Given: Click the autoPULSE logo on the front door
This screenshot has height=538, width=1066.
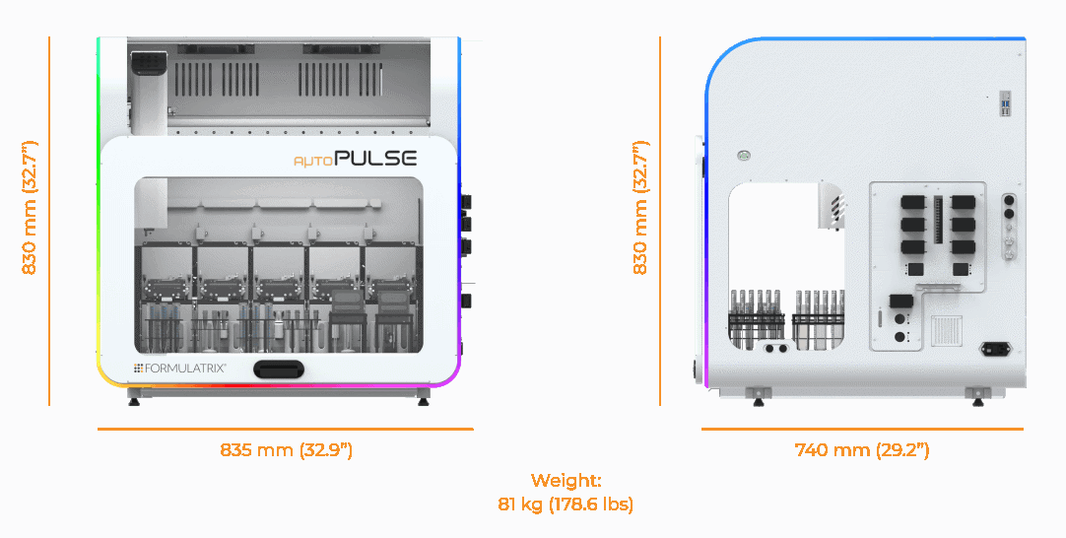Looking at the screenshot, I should (x=355, y=158).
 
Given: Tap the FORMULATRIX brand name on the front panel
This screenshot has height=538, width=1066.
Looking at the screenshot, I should (x=180, y=368).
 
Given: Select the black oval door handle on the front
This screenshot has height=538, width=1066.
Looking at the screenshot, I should (x=278, y=370).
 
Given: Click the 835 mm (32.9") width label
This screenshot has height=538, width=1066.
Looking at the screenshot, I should (x=286, y=450).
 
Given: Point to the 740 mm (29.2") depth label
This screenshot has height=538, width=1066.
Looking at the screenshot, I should (x=862, y=450).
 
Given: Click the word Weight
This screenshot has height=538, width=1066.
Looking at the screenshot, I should (x=566, y=481).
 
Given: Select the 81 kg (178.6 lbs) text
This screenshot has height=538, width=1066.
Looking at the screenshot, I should (x=566, y=504).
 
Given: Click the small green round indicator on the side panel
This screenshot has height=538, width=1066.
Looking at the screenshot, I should (x=745, y=155).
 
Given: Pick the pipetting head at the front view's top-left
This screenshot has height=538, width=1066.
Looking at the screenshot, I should (x=148, y=89).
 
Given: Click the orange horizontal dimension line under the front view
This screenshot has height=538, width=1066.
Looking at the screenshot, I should (x=286, y=429).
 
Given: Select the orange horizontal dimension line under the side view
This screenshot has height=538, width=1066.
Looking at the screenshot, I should (x=862, y=429).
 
